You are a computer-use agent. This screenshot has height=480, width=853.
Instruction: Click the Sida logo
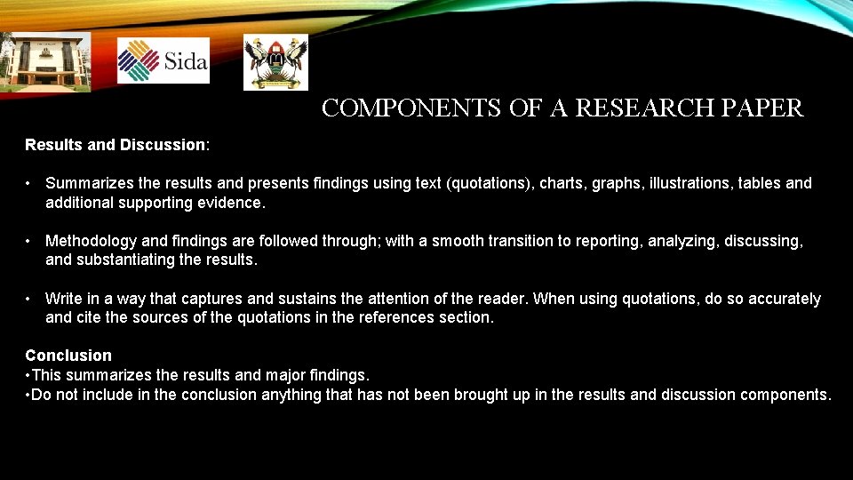[x=163, y=60]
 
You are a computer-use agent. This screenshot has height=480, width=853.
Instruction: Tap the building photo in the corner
[x=44, y=62]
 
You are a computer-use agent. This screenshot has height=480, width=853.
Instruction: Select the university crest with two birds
[x=275, y=62]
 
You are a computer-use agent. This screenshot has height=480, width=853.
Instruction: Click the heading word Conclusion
[x=68, y=356]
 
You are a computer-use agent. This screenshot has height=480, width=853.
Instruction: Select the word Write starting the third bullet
[x=63, y=299]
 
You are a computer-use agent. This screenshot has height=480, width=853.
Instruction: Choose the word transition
[x=514, y=241]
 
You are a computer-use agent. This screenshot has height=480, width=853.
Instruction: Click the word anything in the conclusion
[x=293, y=394]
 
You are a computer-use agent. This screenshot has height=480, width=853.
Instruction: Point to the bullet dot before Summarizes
[x=29, y=183]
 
